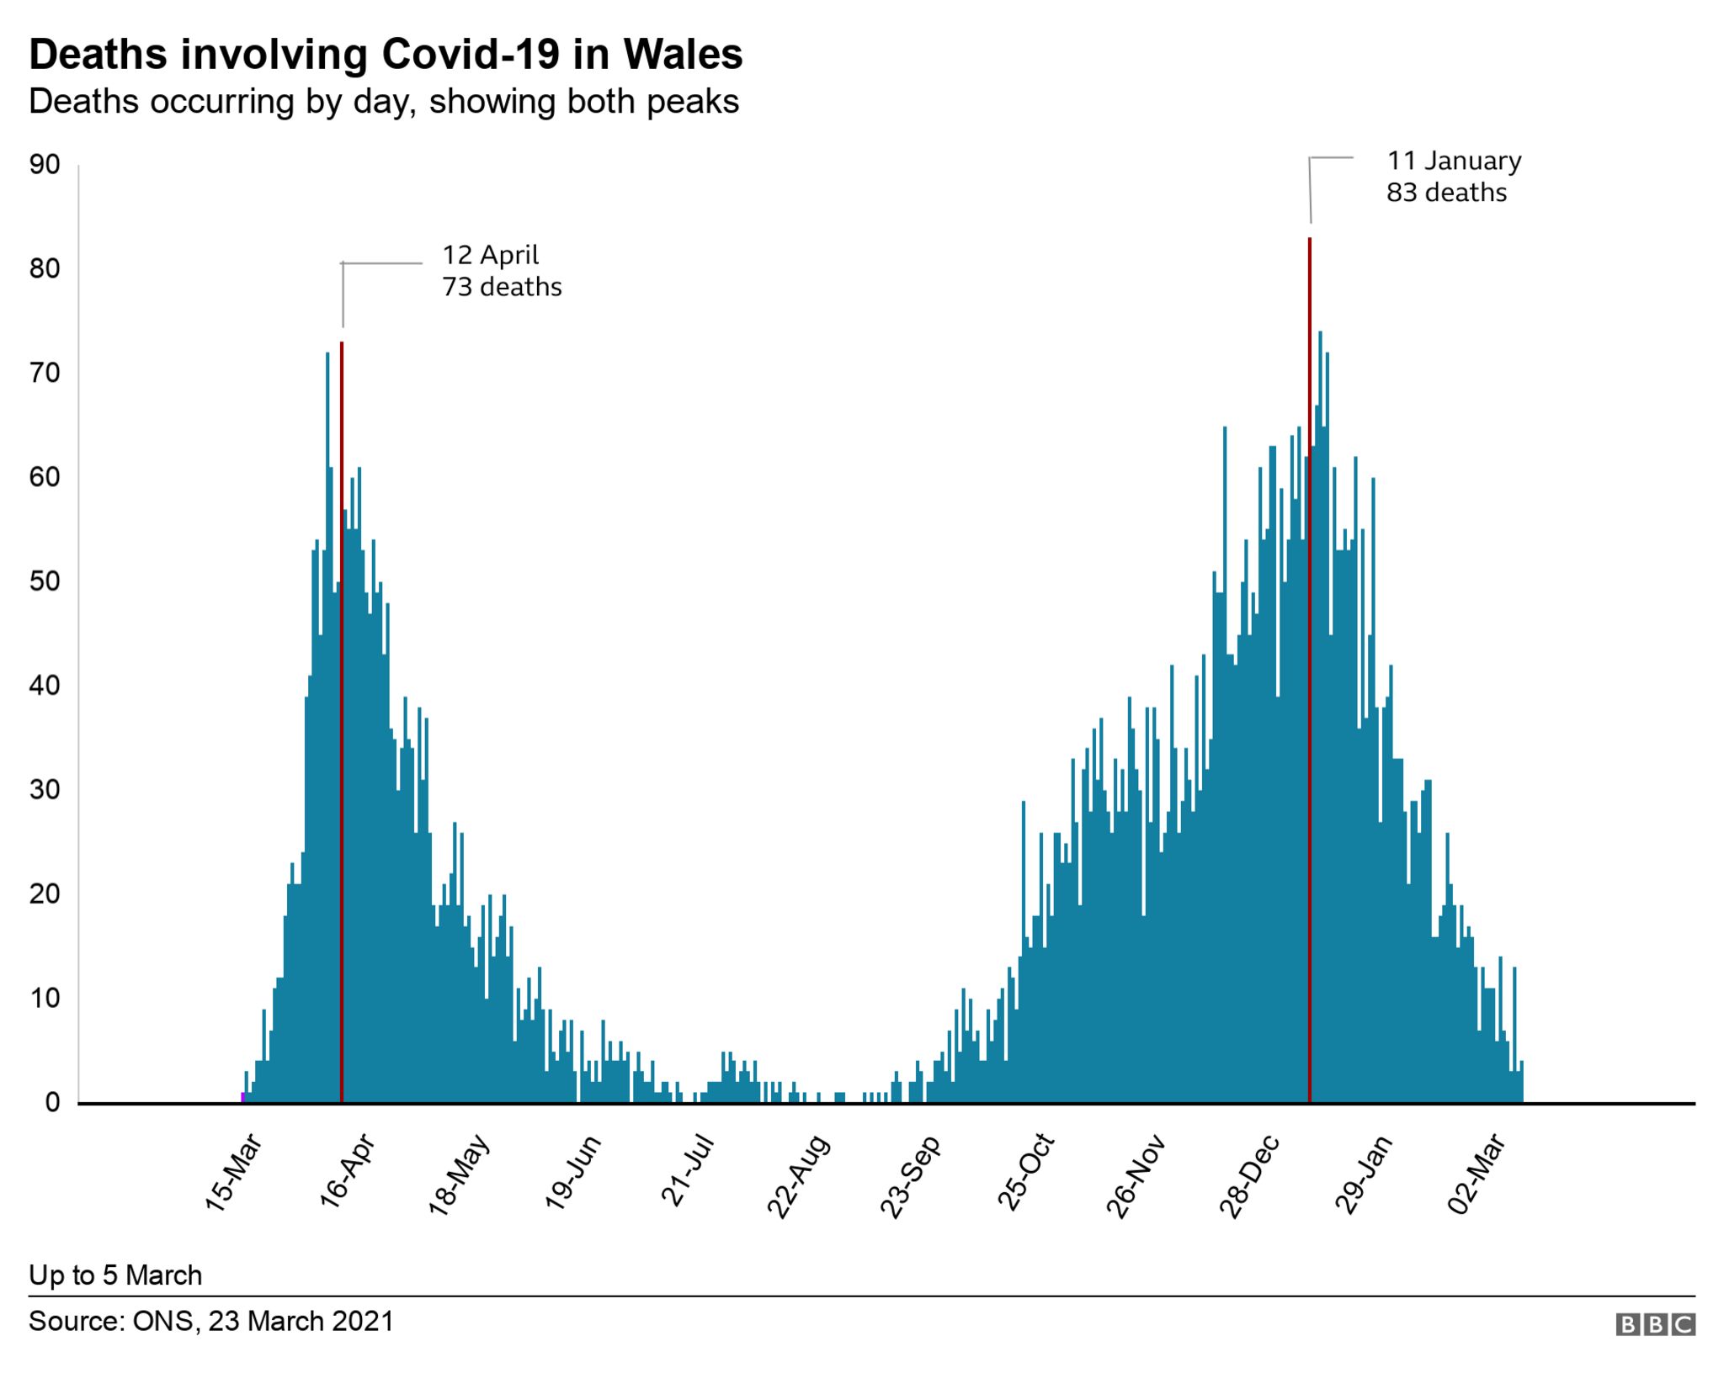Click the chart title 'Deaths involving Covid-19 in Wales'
[386, 55]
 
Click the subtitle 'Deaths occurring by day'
[383, 102]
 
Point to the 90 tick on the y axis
[45, 165]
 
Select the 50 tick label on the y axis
[45, 581]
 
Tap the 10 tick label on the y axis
[45, 999]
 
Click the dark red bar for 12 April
[341, 724]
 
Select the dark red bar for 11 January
[1310, 673]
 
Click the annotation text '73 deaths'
[502, 287]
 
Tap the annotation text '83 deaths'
[1446, 193]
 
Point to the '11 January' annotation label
[1454, 160]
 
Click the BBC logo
[1655, 1324]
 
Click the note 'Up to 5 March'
[115, 1275]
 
